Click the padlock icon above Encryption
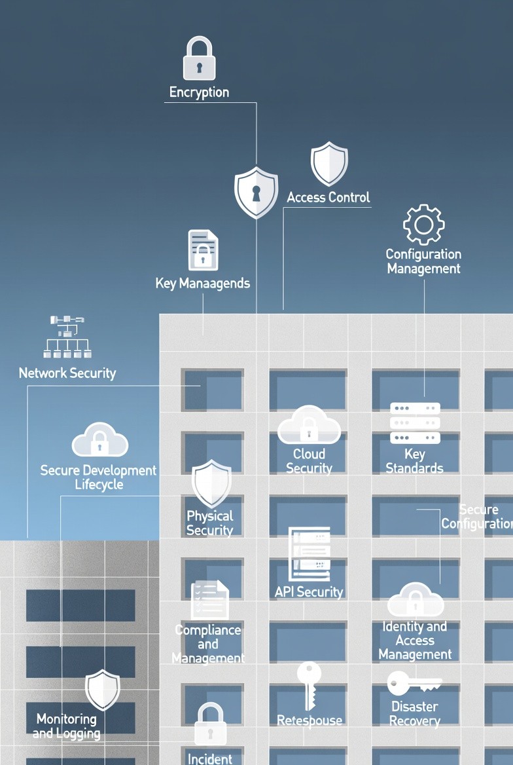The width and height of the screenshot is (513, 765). [199, 59]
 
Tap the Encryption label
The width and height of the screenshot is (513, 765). [199, 92]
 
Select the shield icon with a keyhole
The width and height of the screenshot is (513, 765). [256, 192]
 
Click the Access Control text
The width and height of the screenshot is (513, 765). [328, 197]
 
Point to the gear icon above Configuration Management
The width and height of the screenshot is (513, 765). [423, 225]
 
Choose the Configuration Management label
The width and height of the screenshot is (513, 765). [423, 261]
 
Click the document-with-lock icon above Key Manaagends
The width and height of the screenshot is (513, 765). [203, 250]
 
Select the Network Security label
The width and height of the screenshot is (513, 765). [67, 373]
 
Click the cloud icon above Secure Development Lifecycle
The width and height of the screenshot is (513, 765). [99, 440]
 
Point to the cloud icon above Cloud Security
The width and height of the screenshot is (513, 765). [309, 426]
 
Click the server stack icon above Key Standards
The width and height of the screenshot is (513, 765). [415, 423]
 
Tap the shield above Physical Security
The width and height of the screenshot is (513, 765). [211, 483]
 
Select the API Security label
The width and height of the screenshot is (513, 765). [309, 591]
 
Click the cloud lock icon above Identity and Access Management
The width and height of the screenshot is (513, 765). [415, 599]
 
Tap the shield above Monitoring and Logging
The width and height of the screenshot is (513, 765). [103, 689]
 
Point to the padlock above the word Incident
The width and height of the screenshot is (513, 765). [211, 724]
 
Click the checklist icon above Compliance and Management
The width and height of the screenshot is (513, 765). [209, 599]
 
